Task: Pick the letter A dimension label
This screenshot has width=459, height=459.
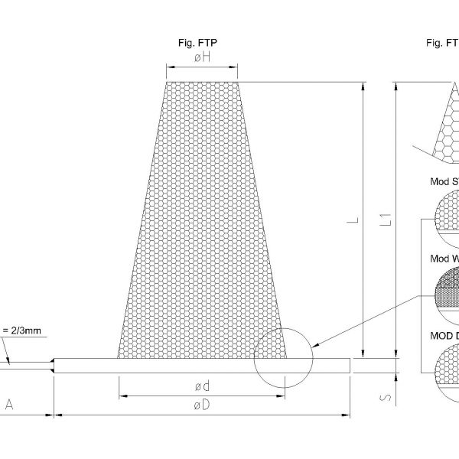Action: tap(9, 405)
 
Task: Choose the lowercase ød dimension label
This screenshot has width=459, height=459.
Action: tap(202, 385)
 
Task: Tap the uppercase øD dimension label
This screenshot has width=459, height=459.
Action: tap(202, 405)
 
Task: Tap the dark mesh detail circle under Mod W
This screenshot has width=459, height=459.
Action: tap(448, 291)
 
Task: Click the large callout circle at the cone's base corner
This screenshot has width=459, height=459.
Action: tap(282, 359)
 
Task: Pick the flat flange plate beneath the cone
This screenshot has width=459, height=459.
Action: tap(202, 366)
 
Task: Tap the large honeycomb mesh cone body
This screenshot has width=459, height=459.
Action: tap(202, 229)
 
